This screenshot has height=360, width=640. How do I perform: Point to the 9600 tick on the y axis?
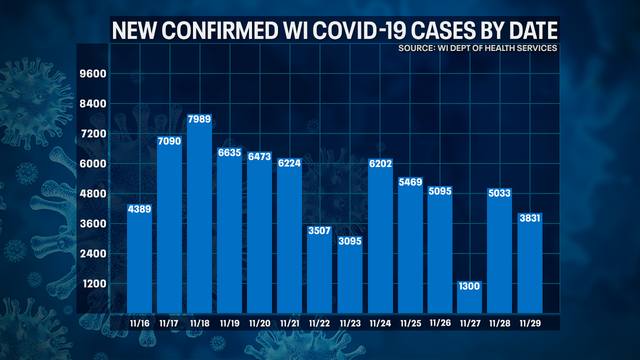tap(93, 74)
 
